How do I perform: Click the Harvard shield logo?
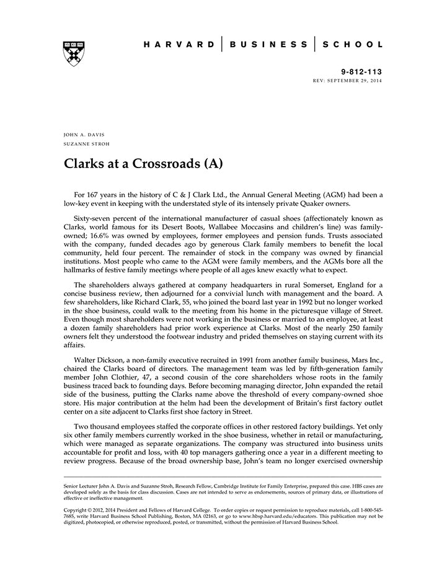74,53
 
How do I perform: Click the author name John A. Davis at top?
84,134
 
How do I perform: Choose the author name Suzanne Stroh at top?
86,144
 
